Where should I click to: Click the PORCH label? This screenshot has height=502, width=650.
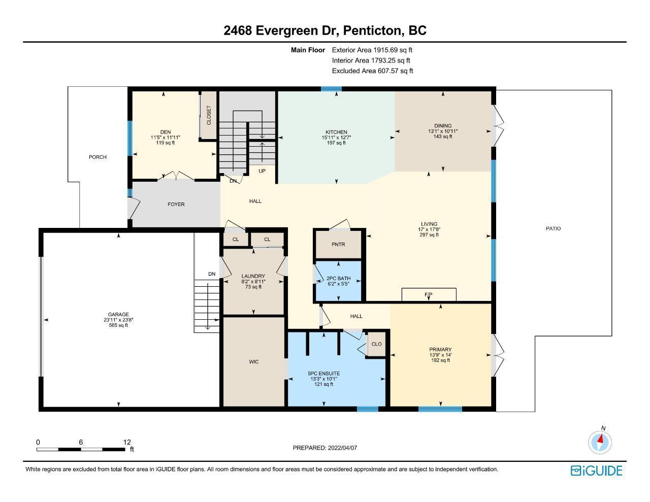coord(97,157)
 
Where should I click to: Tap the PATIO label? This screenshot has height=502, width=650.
coord(553,228)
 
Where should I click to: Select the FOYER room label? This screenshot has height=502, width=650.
coord(176,204)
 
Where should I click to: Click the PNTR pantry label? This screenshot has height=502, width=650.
coord(338,244)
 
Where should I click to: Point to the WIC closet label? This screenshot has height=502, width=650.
coord(254,362)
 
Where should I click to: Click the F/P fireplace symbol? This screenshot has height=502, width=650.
coord(429,295)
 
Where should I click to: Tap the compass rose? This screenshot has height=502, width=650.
coord(600,442)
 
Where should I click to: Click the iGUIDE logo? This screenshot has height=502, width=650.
coord(597,471)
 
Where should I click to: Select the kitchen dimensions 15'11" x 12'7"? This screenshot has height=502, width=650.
coord(336,138)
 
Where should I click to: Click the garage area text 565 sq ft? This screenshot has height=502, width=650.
coord(118,325)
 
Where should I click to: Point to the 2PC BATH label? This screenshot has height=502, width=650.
coord(338,278)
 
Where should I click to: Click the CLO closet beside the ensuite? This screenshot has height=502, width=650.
coord(377,344)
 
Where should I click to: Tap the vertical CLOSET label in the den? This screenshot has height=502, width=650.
coord(209,115)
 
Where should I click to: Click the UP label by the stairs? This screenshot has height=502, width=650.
coord(262,171)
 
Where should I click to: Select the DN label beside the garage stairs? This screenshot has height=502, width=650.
coord(212,274)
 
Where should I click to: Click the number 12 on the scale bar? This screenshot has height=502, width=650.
coord(127,442)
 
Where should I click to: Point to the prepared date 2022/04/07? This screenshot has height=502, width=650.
coord(342,448)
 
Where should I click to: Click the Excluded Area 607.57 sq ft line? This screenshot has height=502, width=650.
coord(372,71)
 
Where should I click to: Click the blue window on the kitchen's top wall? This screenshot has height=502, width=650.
coord(332,89)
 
